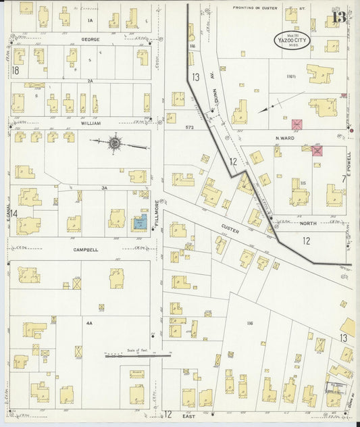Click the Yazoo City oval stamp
292,40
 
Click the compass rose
115,143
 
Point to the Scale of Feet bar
137,353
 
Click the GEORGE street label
91,40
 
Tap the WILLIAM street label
91,124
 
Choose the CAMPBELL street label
86,250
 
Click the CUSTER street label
228,228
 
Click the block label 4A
88,324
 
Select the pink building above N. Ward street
297,125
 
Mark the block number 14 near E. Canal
13,214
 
